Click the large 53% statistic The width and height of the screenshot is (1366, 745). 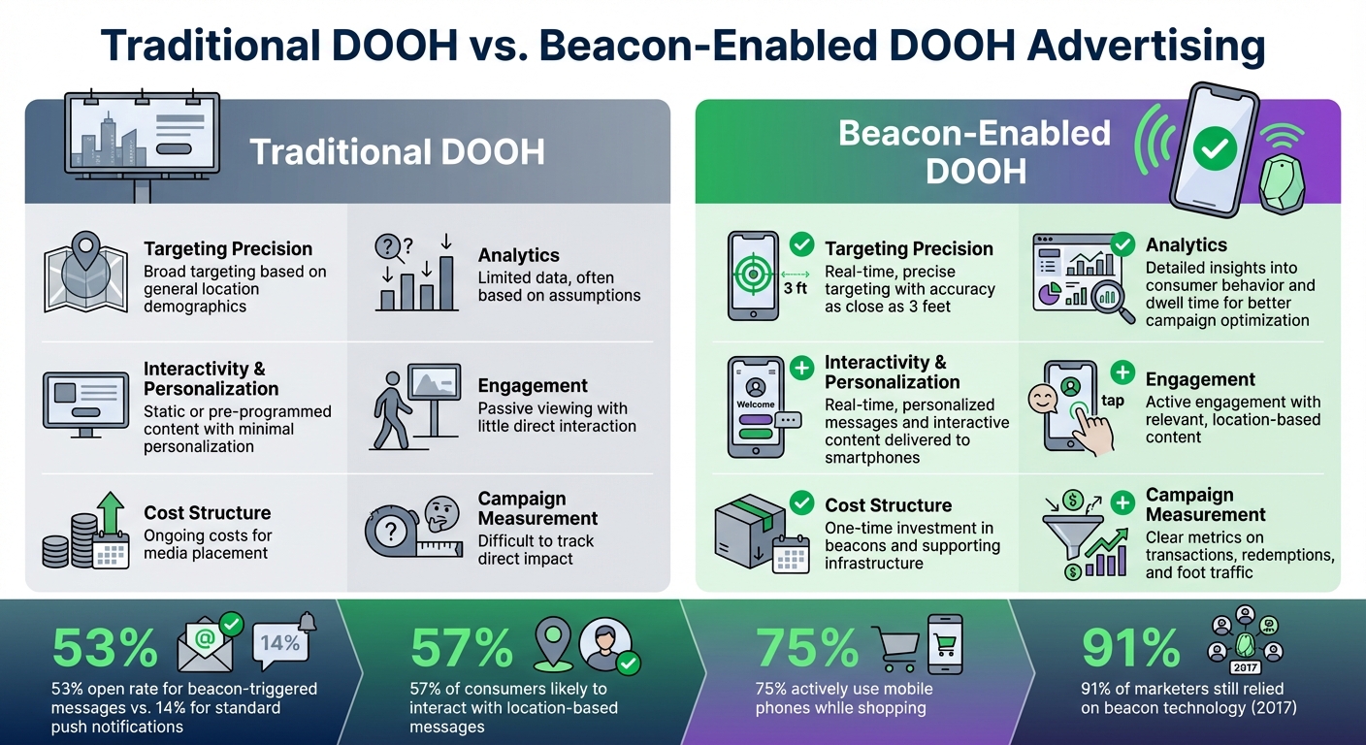tap(106, 649)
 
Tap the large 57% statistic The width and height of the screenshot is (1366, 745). tap(461, 649)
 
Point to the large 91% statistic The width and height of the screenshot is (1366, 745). tap(1131, 649)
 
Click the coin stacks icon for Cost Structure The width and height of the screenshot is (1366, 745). tap(85, 532)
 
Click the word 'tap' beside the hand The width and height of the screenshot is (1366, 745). tap(1113, 401)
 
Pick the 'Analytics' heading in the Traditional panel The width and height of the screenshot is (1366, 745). tap(518, 255)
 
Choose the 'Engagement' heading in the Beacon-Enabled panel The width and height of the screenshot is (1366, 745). tap(1200, 379)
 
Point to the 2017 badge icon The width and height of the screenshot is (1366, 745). tap(1243, 667)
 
